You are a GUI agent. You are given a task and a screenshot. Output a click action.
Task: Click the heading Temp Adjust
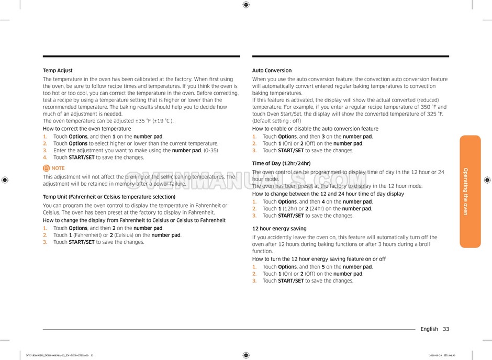[58, 71]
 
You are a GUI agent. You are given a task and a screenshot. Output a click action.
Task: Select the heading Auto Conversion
[272, 71]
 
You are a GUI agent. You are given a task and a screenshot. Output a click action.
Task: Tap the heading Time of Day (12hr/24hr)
[281, 163]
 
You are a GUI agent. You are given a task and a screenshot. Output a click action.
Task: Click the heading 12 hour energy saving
[279, 229]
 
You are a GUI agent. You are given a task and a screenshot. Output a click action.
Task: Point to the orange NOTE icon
[47, 168]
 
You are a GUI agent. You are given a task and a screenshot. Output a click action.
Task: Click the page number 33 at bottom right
[445, 329]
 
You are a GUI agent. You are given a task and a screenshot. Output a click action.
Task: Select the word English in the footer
[429, 329]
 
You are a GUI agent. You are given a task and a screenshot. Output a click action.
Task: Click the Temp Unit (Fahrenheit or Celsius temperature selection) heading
[109, 197]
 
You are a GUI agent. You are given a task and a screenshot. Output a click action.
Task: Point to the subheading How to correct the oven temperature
[87, 129]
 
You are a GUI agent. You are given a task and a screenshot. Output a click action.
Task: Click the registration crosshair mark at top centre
[246, 5]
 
